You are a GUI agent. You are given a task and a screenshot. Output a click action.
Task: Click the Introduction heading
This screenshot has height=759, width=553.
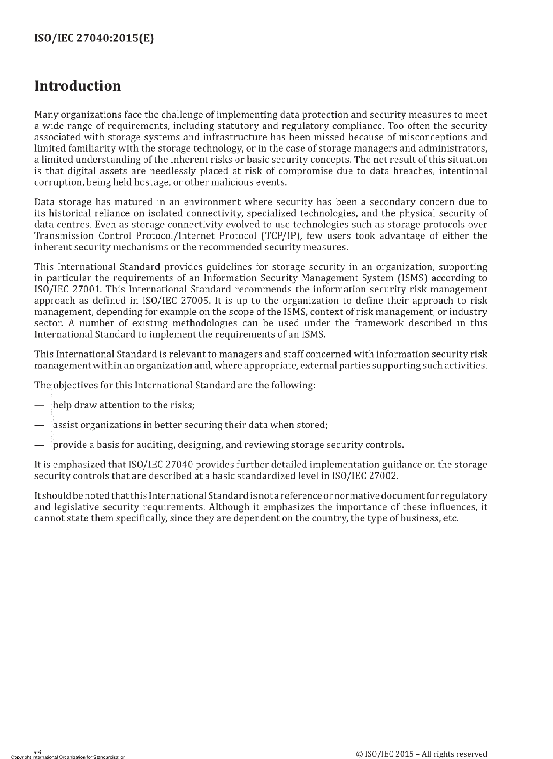(77, 86)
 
